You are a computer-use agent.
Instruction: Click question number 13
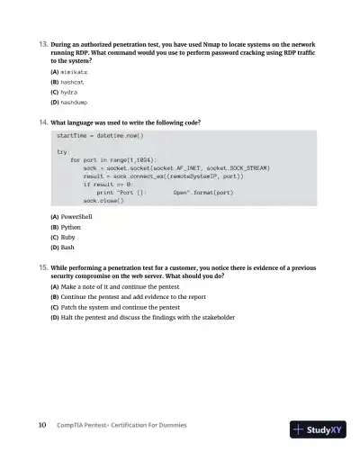click(41, 43)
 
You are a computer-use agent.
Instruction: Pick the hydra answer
click(67, 93)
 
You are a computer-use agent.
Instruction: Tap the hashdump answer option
click(71, 104)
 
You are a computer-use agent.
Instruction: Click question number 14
click(41, 122)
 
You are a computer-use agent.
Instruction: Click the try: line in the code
click(64, 152)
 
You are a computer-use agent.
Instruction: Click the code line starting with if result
click(109, 185)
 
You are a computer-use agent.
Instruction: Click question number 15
click(41, 267)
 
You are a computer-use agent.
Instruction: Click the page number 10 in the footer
click(41, 425)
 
